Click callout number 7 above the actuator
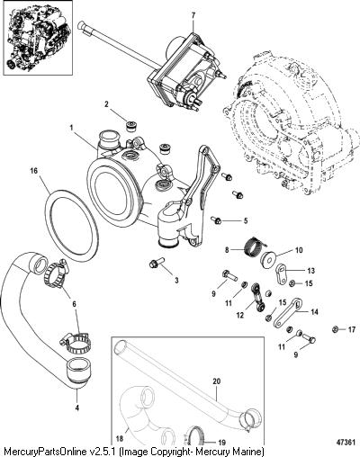(193, 14)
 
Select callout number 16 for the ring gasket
(33, 171)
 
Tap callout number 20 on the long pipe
(216, 381)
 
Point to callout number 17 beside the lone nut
(352, 330)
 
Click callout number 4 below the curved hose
(77, 408)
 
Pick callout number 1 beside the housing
(71, 128)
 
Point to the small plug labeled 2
(131, 126)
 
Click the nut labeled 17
(336, 329)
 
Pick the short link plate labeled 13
(281, 273)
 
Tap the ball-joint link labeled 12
(256, 299)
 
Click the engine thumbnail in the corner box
(37, 37)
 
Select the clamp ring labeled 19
(196, 437)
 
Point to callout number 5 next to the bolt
(246, 220)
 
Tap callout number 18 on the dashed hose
(119, 439)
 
